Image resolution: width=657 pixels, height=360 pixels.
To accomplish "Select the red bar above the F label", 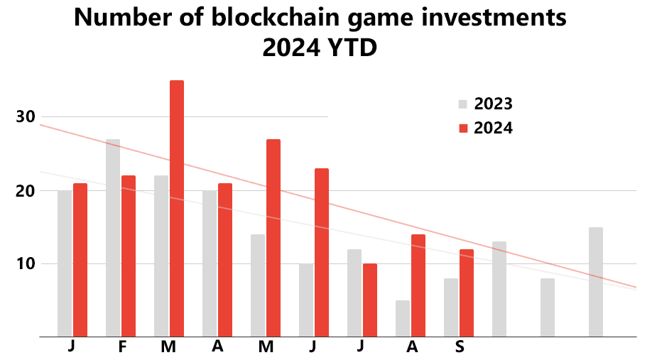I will pyautogui.click(x=129, y=256).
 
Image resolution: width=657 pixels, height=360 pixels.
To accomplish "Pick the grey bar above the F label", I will pyautogui.click(x=113, y=238).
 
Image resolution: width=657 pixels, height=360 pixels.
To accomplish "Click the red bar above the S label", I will pyautogui.click(x=466, y=293).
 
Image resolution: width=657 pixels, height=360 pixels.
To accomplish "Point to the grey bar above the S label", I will pyautogui.click(x=450, y=307).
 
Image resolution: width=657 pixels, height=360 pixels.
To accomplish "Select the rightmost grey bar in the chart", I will pyautogui.click(x=595, y=282).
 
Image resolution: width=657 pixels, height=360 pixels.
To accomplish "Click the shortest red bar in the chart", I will pyautogui.click(x=369, y=300).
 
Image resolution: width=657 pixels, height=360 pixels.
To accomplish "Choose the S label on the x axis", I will pyautogui.click(x=460, y=347).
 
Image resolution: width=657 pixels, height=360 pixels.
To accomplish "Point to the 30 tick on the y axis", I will pyautogui.click(x=26, y=116).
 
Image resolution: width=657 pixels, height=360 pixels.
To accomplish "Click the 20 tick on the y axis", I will pyautogui.click(x=26, y=190).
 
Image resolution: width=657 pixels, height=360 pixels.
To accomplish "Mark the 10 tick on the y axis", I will pyautogui.click(x=26, y=263).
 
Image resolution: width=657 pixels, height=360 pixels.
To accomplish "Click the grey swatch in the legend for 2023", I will pyautogui.click(x=463, y=104).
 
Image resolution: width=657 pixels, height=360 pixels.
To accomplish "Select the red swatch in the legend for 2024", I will pyautogui.click(x=463, y=128).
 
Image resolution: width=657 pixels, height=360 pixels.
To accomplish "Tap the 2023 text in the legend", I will pyautogui.click(x=493, y=104).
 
